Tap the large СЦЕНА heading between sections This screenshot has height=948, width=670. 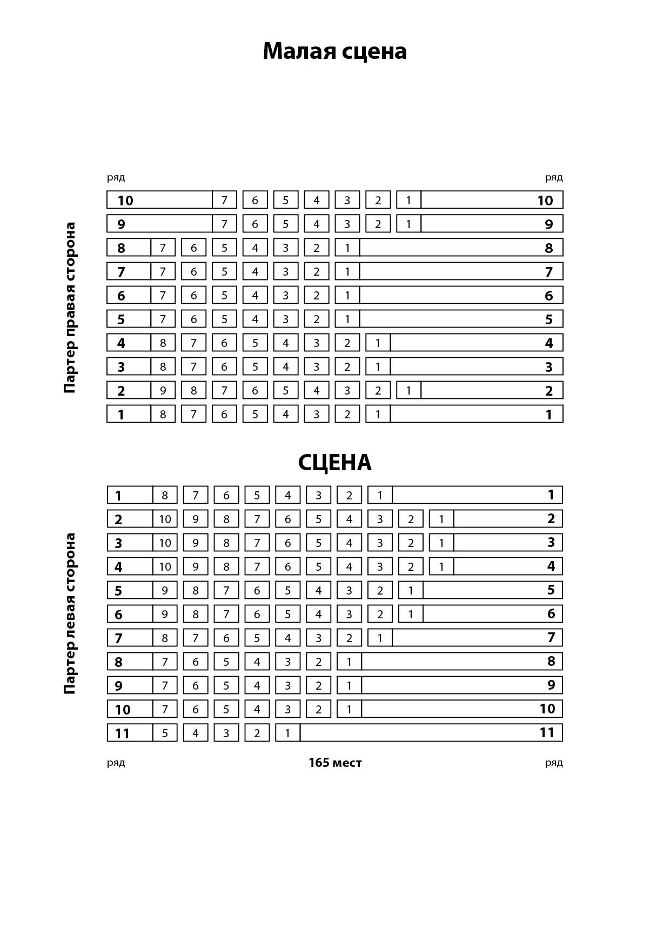point(334,463)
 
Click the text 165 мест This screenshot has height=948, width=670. point(335,763)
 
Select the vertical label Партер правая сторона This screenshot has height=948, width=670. point(70,308)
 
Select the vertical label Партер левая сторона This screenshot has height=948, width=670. point(70,613)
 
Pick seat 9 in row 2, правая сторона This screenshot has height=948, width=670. point(163,390)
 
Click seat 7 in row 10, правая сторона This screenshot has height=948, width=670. point(224,200)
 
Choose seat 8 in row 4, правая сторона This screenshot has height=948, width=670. point(163,343)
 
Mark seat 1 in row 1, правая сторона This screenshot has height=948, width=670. point(378,414)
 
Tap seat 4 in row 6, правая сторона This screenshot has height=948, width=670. point(255,295)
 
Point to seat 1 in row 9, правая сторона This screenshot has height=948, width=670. point(408,224)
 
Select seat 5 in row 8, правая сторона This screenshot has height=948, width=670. point(224,248)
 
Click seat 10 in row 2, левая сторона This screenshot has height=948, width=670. point(165,519)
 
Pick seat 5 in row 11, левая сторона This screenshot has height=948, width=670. point(165,733)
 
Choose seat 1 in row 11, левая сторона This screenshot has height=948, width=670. point(287,733)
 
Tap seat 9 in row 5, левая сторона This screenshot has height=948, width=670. point(165,590)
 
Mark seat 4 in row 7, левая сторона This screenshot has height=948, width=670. point(287,638)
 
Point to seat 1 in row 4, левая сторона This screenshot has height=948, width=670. point(441,566)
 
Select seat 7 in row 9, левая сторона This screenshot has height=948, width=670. point(165,685)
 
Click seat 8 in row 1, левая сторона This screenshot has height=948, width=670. point(165,495)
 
